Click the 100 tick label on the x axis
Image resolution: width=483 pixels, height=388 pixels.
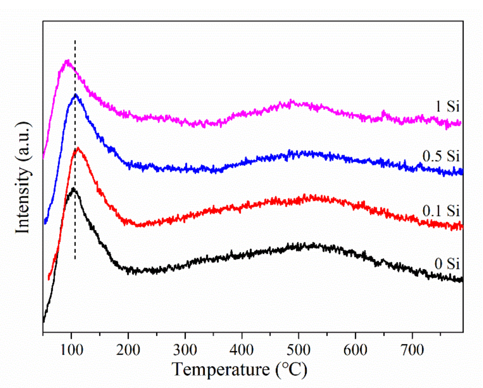point(72,350)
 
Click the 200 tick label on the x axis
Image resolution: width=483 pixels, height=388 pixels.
point(128,350)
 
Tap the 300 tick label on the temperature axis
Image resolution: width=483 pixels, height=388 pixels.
point(185,350)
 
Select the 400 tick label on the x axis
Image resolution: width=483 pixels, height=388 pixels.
point(242,350)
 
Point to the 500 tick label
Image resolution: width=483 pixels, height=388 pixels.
point(299,350)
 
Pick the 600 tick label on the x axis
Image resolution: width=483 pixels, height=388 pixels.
point(355,350)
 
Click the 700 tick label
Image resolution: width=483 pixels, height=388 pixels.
point(412,350)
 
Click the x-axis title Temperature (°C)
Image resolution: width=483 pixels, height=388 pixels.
point(239,370)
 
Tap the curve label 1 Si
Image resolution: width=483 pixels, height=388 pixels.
point(447,106)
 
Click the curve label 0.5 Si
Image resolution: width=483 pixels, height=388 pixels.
point(440,156)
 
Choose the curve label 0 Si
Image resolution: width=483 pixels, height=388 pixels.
point(447,264)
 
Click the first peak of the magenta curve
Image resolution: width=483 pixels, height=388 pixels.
point(67,61)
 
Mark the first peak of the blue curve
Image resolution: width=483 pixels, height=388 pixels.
point(75,95)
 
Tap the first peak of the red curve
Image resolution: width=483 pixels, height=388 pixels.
point(78,148)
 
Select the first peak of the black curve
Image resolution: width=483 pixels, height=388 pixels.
point(73,188)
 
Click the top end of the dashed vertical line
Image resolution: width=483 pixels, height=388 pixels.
point(75,40)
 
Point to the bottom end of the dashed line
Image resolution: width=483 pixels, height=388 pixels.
point(75,259)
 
